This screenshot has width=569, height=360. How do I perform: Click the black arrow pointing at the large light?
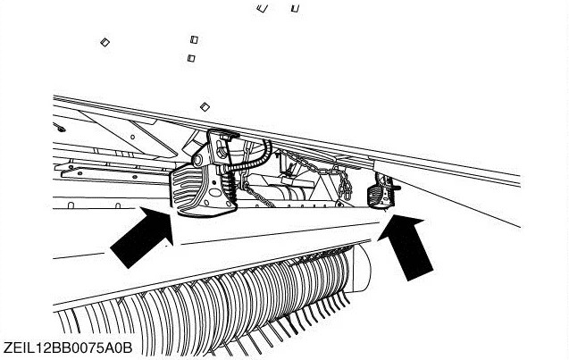[144, 237]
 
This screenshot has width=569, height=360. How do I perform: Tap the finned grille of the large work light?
[186, 190]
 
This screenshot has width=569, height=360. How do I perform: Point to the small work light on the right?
[381, 191]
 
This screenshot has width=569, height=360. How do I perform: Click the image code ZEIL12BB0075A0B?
[68, 347]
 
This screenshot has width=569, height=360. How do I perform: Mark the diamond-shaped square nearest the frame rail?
[205, 106]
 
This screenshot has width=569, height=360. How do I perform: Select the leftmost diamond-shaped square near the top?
[105, 42]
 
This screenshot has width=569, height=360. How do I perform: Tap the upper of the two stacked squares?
[194, 39]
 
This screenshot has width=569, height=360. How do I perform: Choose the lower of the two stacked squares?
[191, 58]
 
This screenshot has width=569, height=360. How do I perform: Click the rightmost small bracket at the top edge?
[295, 8]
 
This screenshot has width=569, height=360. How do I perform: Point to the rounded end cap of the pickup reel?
[362, 268]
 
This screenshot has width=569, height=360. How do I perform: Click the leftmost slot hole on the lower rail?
[71, 205]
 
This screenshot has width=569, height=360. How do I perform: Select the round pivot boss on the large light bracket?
[198, 160]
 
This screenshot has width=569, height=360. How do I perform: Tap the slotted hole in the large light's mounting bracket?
[221, 149]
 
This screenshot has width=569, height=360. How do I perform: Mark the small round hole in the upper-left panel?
[133, 137]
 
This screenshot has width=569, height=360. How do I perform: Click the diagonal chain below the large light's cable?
[258, 197]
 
